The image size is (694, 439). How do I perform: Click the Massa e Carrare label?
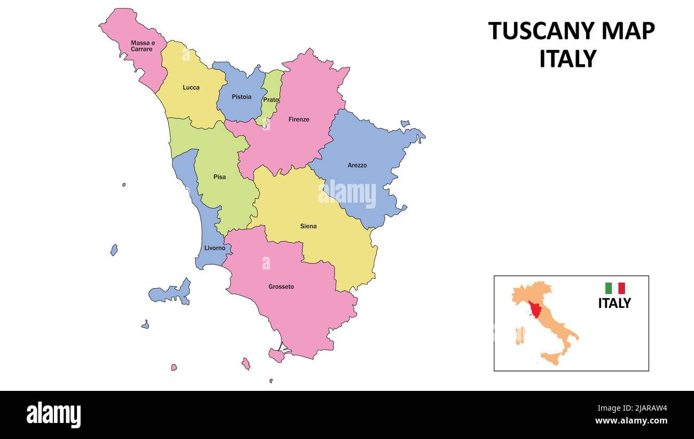(141, 46)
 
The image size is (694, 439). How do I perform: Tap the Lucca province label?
(191, 88)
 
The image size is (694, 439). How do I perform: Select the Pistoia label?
(241, 97)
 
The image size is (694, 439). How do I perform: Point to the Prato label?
(271, 100)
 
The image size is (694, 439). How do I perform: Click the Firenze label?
(299, 120)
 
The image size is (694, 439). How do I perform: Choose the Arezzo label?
(357, 166)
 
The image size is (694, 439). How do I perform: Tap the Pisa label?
(219, 178)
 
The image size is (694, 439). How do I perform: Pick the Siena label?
(308, 227)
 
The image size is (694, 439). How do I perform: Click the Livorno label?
(215, 248)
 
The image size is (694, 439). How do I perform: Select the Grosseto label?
(281, 287)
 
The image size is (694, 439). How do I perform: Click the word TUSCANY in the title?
(542, 31)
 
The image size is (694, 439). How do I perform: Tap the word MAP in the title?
(628, 31)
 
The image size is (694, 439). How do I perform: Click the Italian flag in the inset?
(614, 288)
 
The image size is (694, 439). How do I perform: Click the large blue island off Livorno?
(171, 293)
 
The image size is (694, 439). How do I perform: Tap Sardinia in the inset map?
(519, 335)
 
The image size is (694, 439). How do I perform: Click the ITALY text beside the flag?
(614, 303)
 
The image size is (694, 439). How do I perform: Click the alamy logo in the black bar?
(53, 415)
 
